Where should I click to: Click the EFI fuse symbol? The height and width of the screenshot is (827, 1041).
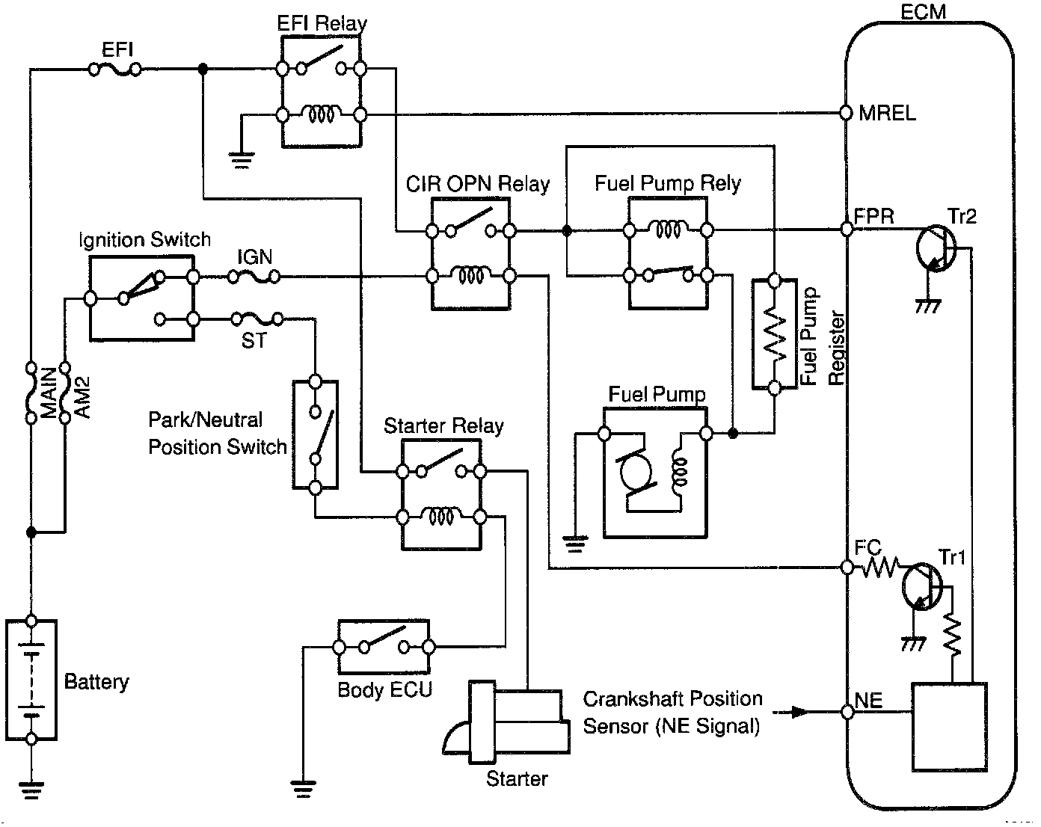[114, 70]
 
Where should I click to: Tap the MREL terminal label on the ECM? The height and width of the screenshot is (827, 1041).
[887, 114]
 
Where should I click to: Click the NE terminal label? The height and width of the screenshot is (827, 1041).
[869, 701]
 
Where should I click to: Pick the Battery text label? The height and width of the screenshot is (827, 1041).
[96, 681]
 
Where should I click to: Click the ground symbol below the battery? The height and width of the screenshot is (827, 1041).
[31, 789]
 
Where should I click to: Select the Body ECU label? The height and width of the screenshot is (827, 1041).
[384, 689]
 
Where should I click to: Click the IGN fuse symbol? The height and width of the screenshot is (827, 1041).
[254, 277]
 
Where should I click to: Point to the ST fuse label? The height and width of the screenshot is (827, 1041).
[254, 341]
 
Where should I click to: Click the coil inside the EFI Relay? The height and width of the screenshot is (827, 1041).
[321, 114]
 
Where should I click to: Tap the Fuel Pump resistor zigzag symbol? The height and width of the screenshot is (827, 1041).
[775, 334]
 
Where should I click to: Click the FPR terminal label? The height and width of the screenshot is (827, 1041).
[875, 216]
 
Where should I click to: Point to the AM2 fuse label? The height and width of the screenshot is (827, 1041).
[83, 397]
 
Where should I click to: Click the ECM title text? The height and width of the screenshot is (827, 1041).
[924, 11]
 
